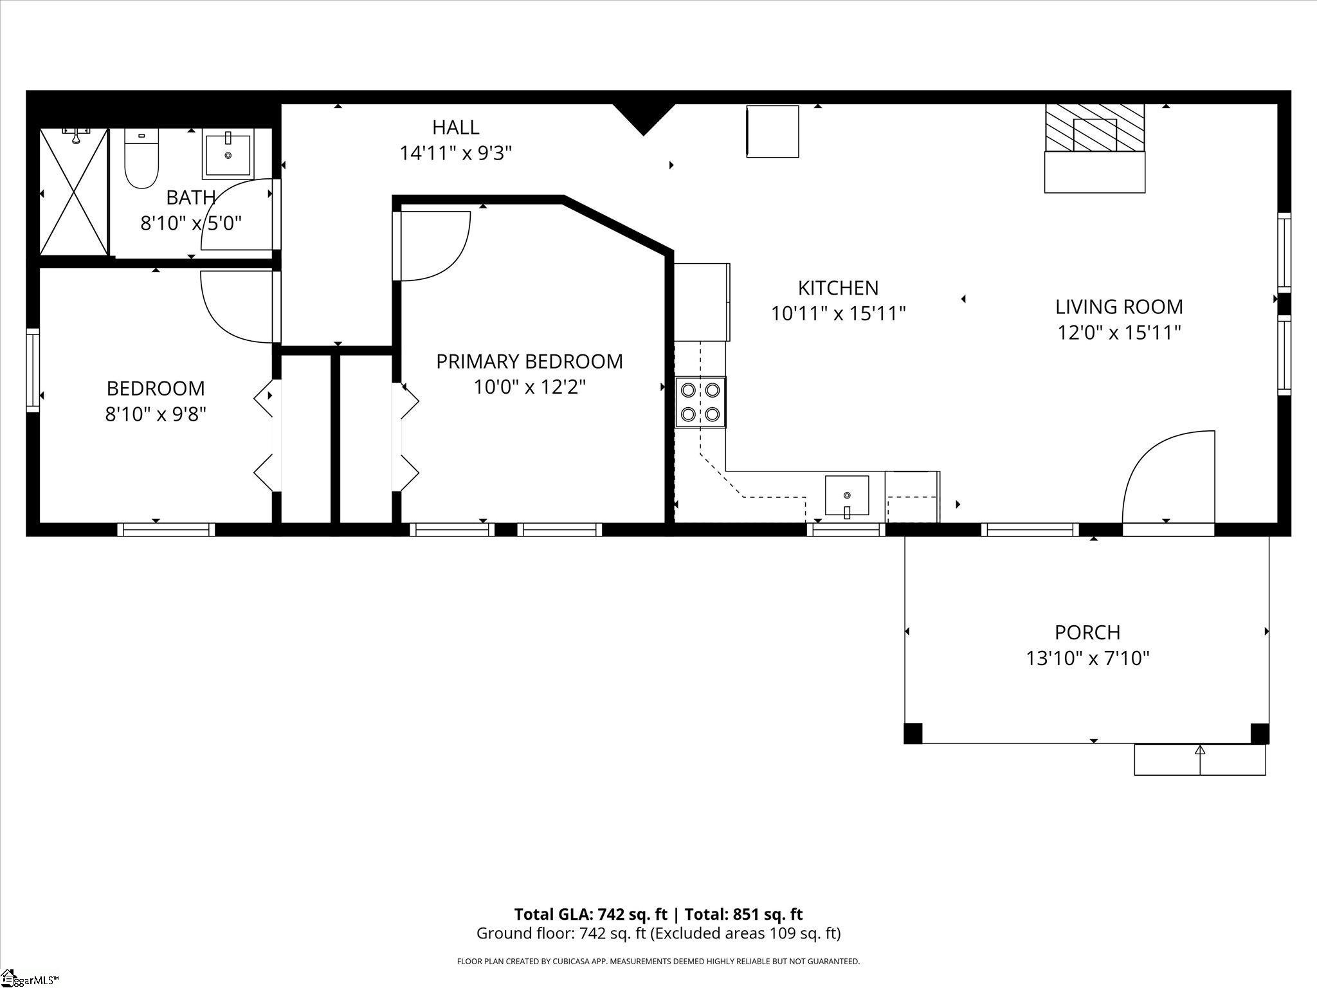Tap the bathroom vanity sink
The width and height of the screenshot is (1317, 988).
228,154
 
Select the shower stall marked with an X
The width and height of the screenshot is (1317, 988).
73,192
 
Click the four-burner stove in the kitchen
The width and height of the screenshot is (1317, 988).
700,402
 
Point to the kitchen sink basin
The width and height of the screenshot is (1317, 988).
847,495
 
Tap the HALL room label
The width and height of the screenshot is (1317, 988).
455,127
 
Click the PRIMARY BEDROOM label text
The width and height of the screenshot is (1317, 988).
529,361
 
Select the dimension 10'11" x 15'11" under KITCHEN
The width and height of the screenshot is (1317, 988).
838,314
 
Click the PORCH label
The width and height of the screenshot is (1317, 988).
1087,632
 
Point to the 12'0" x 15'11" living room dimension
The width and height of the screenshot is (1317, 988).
1119,333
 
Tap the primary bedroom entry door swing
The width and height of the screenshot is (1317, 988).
432,246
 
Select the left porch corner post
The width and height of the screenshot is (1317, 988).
913,733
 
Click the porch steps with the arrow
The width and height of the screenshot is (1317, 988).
1199,760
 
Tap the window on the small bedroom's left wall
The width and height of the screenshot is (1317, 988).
32,370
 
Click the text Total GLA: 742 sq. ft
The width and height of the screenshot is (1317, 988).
591,914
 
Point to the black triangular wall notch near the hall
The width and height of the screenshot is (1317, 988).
643,118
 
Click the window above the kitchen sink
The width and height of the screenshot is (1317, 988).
846,529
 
